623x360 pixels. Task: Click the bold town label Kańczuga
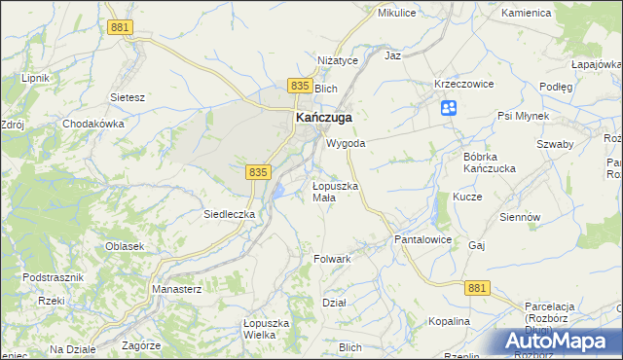323,118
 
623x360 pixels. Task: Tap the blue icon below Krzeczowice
449,108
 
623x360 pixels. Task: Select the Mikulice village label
397,14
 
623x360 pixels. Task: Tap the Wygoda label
346,143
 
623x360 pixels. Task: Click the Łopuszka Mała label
336,192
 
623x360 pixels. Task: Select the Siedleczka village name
229,213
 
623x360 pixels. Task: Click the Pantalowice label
421,238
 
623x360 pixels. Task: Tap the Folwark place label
332,260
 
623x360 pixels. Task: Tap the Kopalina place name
449,321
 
